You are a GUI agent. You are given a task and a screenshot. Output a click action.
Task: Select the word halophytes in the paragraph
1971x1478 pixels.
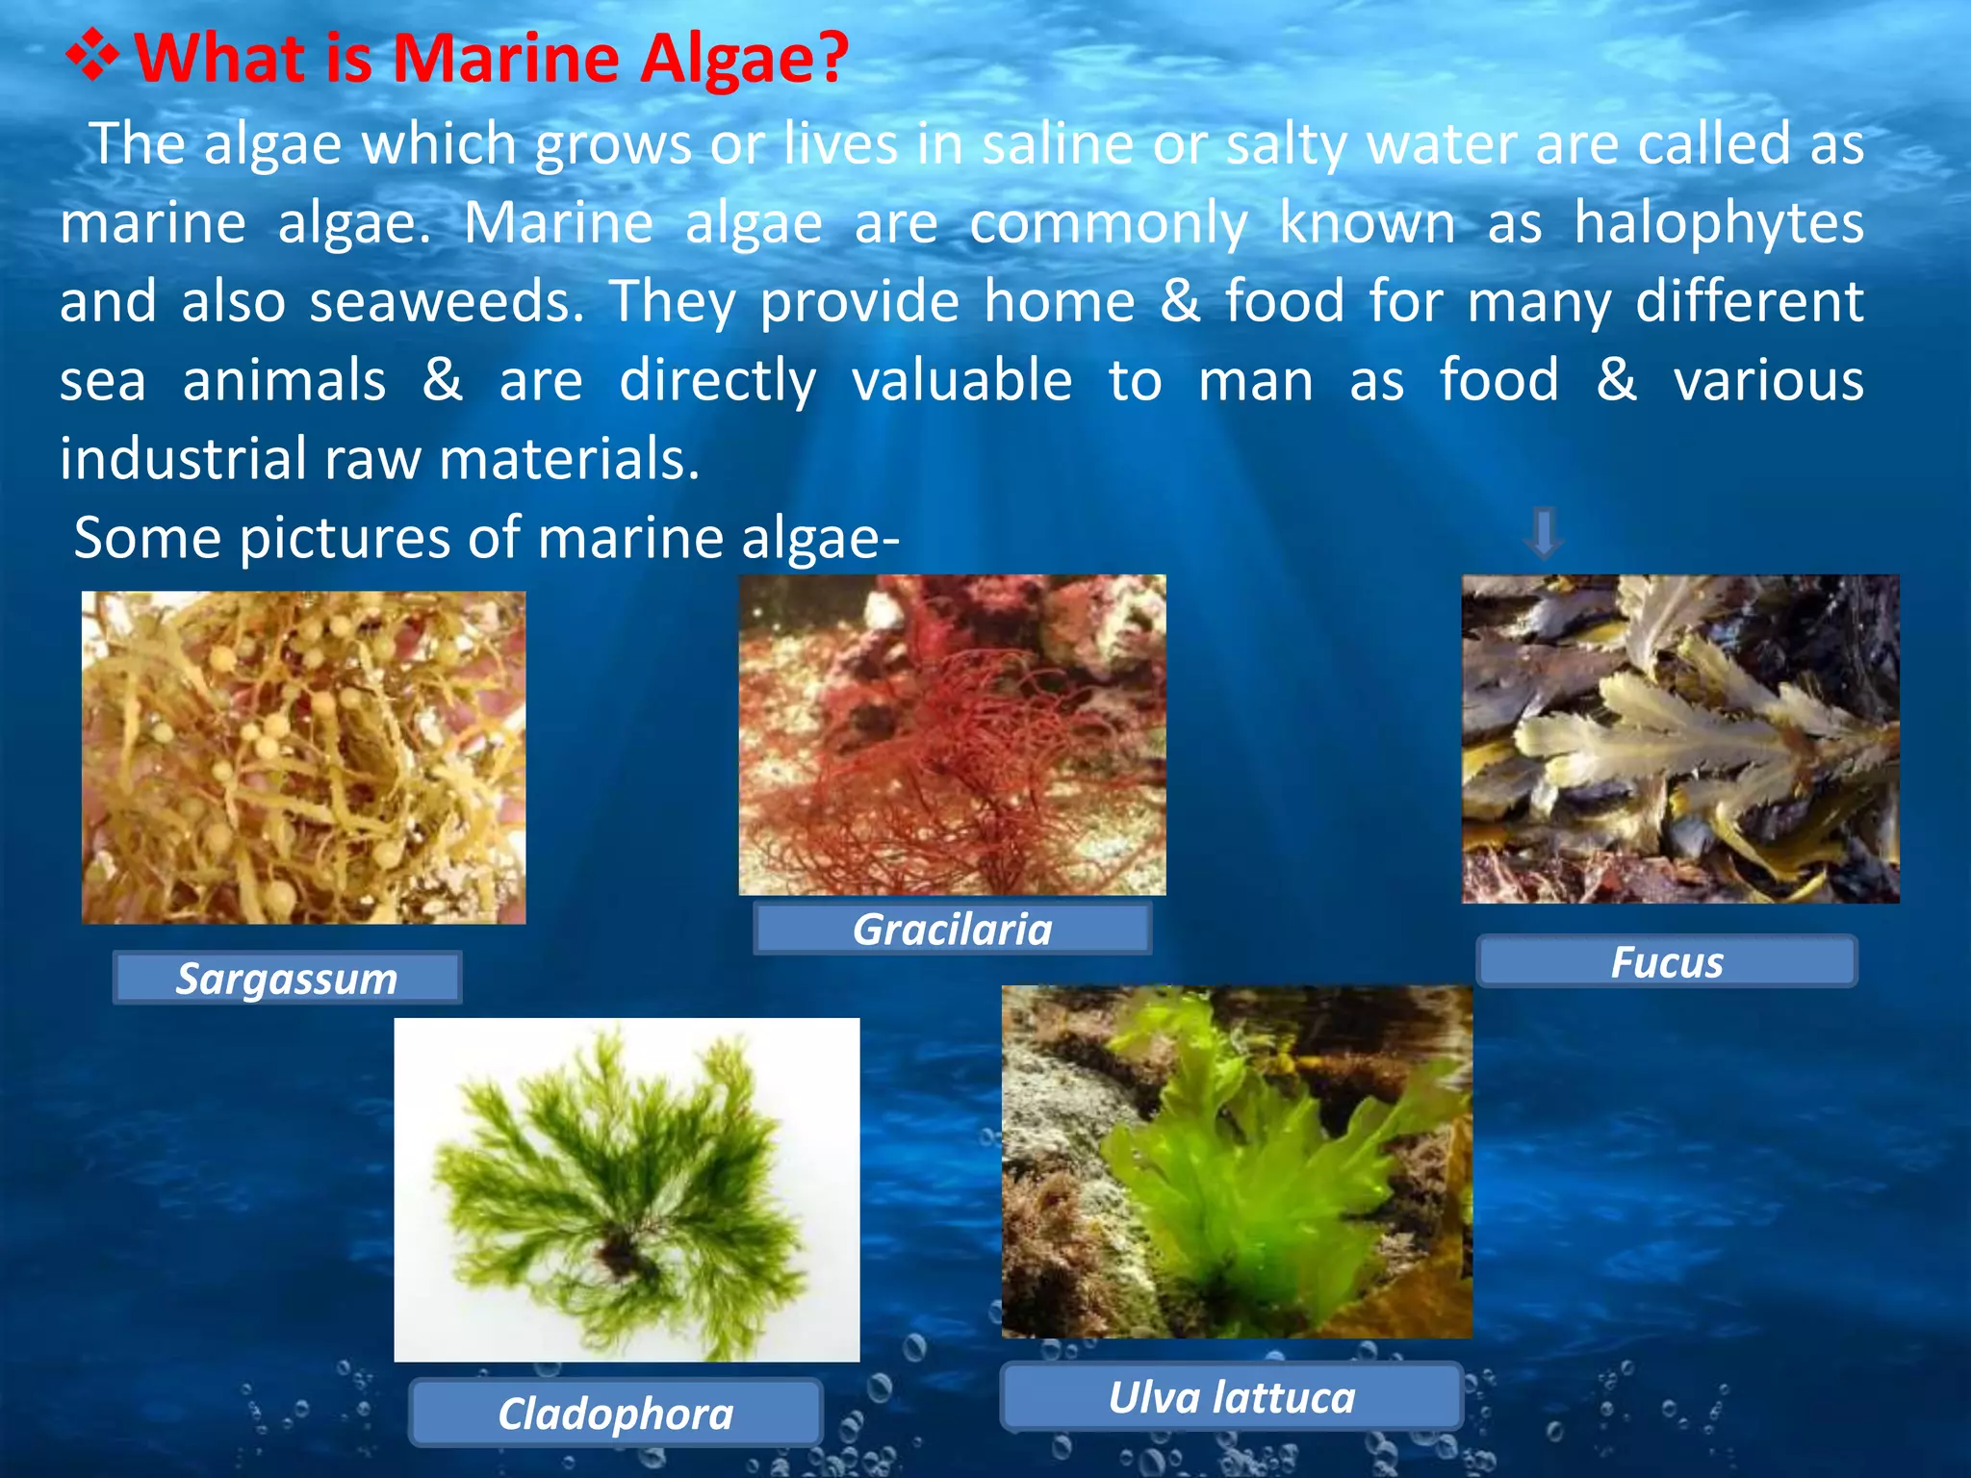[x=1718, y=223]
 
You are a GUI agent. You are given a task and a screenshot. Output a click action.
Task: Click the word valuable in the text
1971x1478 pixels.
[x=961, y=380]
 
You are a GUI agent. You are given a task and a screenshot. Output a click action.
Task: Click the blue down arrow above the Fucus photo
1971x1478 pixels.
[x=1543, y=532]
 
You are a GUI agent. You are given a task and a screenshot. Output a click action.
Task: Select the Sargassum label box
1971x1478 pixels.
[x=287, y=979]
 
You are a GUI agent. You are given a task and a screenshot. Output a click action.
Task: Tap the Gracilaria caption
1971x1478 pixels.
[x=952, y=930]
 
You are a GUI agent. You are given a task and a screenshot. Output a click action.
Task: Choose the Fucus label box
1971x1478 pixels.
[x=1666, y=961]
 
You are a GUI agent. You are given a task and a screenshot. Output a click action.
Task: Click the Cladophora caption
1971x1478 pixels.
[x=616, y=1414]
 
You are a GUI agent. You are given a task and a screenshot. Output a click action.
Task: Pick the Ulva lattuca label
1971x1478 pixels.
[x=1231, y=1397]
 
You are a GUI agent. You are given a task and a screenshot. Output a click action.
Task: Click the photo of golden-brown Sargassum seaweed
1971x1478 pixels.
[x=303, y=758]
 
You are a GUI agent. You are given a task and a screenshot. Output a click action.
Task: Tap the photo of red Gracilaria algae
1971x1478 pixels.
[x=952, y=735]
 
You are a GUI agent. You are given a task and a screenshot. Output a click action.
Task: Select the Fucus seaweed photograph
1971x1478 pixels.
[x=1679, y=739]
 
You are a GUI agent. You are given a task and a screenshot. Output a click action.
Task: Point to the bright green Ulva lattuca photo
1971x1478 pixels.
[x=1237, y=1161]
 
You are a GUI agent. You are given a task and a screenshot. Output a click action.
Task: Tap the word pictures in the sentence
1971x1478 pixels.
[x=344, y=537]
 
